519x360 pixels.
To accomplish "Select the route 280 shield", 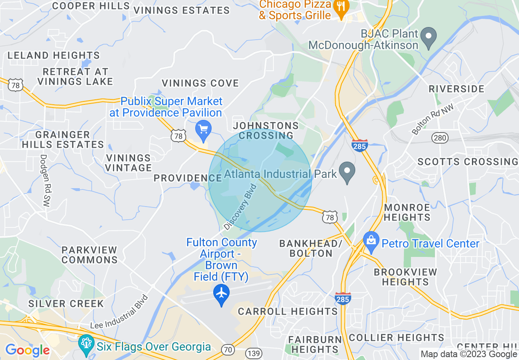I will pos(440,138).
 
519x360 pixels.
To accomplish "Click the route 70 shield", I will pos(228,349).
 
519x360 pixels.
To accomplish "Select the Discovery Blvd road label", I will pos(240,207).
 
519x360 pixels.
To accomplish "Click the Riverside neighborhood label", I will pos(456,89).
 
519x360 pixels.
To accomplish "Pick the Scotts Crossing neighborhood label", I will pos(467,162).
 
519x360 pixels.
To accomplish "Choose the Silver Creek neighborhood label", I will pos(66,304).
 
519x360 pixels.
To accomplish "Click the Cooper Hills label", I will pos(91,6).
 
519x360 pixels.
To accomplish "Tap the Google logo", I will pos(27,350).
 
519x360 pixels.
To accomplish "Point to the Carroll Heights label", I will pos(288,311).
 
